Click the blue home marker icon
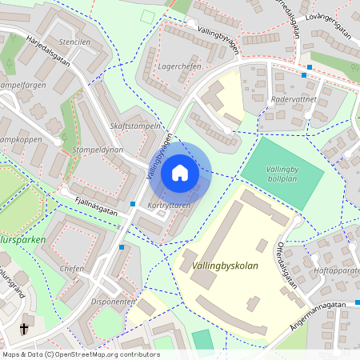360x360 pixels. (180, 173)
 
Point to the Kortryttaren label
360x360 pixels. (170, 206)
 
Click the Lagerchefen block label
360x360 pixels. (180, 66)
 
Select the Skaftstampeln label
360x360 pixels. (135, 126)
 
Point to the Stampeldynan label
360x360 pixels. (97, 150)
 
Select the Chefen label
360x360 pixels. (72, 270)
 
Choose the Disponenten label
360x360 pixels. (112, 302)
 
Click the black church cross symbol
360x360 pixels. (25, 328)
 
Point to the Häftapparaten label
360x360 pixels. (337, 272)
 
